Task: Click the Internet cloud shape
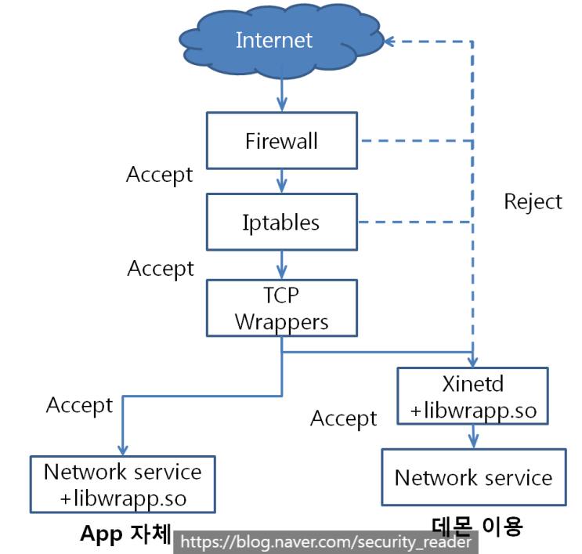click(x=274, y=41)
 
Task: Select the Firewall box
click(x=281, y=141)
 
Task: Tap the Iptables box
click(x=281, y=222)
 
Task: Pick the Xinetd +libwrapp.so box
click(x=472, y=396)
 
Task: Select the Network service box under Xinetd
click(x=473, y=477)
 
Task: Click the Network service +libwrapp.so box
click(x=122, y=484)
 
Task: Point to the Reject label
click(x=533, y=201)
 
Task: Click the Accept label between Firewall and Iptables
click(x=159, y=174)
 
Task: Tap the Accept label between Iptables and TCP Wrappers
click(x=161, y=268)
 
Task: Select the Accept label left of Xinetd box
click(x=343, y=418)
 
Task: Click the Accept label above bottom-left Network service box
click(x=79, y=405)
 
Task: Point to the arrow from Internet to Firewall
click(x=281, y=96)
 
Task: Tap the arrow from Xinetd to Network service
click(x=472, y=436)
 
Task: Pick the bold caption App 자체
click(x=125, y=534)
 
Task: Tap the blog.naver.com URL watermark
click(x=325, y=541)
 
